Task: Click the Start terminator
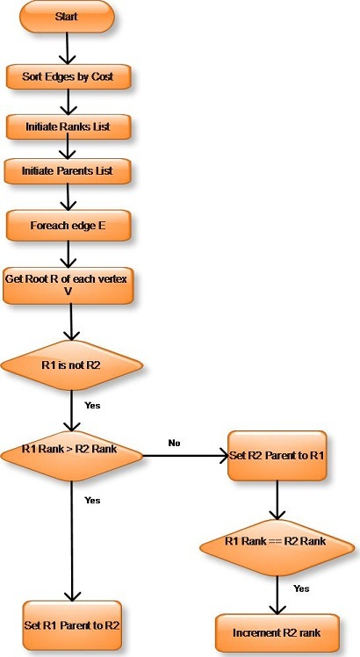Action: click(x=67, y=17)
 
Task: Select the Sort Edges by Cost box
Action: click(x=68, y=76)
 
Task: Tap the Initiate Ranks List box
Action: click(x=68, y=126)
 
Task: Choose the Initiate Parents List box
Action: click(x=67, y=171)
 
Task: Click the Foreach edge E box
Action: click(x=68, y=226)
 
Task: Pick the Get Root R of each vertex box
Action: click(x=68, y=285)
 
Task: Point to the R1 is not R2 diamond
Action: click(x=71, y=365)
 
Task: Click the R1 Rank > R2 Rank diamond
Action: click(x=71, y=456)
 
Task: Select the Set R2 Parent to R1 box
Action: click(x=277, y=456)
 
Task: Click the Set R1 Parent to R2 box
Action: click(x=72, y=625)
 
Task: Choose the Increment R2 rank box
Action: click(x=277, y=632)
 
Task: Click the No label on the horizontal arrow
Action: click(x=174, y=443)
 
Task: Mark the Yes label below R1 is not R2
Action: click(x=92, y=405)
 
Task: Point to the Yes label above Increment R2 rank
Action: click(x=301, y=588)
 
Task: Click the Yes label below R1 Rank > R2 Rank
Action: click(x=92, y=500)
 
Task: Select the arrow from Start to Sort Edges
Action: click(x=67, y=48)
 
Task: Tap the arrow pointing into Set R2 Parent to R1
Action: click(x=184, y=456)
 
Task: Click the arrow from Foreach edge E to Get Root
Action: click(x=68, y=254)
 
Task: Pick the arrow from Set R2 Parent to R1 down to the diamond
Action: click(x=277, y=500)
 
